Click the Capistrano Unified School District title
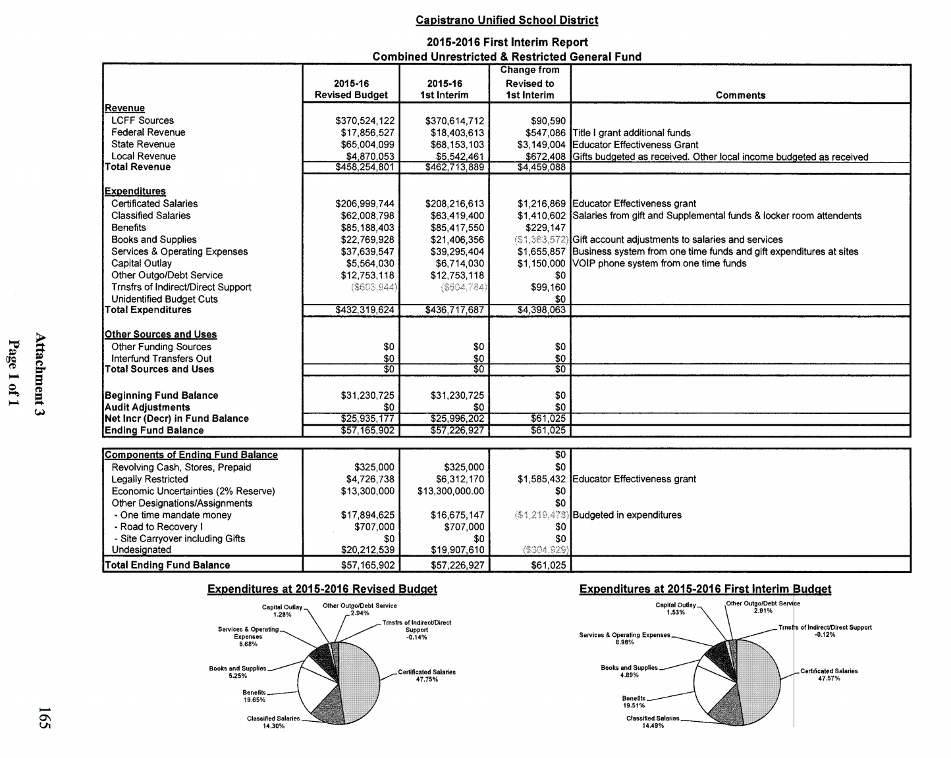(x=506, y=20)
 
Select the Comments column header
(x=740, y=95)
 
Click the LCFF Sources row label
(x=142, y=120)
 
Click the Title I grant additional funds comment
(x=632, y=133)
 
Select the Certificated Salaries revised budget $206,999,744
(x=365, y=204)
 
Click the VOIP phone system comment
(x=659, y=263)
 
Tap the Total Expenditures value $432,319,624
(x=365, y=310)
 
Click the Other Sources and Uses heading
(x=161, y=334)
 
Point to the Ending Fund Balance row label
(x=154, y=430)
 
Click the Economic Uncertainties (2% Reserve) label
(x=193, y=491)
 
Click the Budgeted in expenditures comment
(x=627, y=515)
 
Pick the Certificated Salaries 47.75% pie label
(x=427, y=675)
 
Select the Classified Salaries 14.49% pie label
(x=652, y=722)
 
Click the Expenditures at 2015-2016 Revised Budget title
(x=322, y=589)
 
